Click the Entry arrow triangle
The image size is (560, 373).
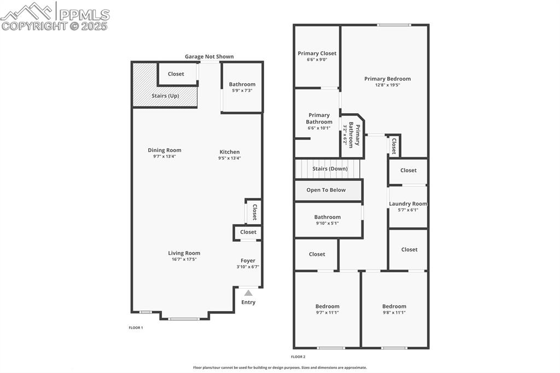[248, 293]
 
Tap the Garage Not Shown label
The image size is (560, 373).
[209, 56]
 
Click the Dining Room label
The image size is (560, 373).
[164, 150]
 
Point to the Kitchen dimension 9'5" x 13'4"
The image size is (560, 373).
[229, 158]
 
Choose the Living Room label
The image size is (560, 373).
[184, 253]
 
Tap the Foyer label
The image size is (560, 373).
[248, 261]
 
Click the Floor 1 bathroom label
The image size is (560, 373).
[242, 84]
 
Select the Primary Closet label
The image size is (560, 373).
[317, 54]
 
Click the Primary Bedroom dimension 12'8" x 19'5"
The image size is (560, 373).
[387, 85]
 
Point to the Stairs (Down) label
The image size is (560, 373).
[330, 169]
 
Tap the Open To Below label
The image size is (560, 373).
[326, 190]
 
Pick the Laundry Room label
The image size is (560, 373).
[408, 204]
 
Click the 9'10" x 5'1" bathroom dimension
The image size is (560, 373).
[327, 223]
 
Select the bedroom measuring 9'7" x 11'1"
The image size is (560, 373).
[327, 309]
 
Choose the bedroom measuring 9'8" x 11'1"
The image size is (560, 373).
[394, 309]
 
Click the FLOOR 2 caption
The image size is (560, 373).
[298, 357]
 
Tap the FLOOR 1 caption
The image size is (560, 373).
[136, 328]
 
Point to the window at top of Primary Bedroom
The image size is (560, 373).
[394, 25]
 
